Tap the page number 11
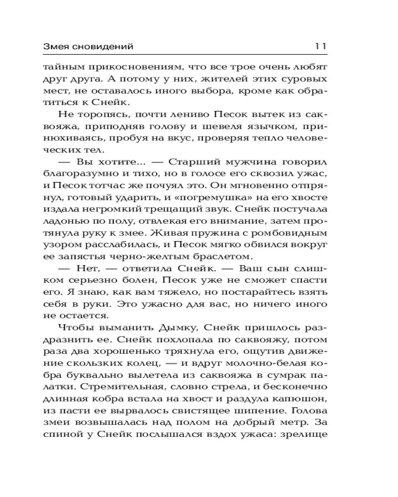[320, 47]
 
